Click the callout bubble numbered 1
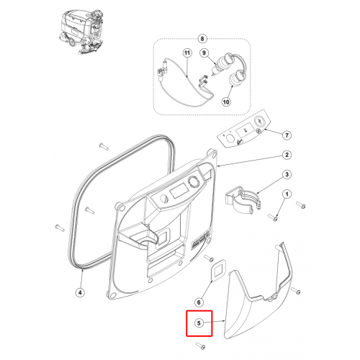[x=287, y=194]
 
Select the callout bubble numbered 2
[x=287, y=155]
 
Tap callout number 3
[x=287, y=174]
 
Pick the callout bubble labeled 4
[x=80, y=292]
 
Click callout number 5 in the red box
[x=199, y=323]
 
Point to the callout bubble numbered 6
[x=199, y=302]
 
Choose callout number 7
[x=287, y=135]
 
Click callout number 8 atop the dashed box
[x=202, y=39]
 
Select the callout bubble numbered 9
[x=204, y=53]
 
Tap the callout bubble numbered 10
[x=226, y=102]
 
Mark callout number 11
[x=187, y=53]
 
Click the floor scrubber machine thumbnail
[x=81, y=31]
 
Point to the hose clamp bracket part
[x=243, y=199]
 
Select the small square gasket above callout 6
[x=218, y=270]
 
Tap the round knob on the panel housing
[x=193, y=181]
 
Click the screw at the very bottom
[x=200, y=346]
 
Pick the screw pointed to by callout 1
[x=272, y=217]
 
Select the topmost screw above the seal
[x=104, y=146]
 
